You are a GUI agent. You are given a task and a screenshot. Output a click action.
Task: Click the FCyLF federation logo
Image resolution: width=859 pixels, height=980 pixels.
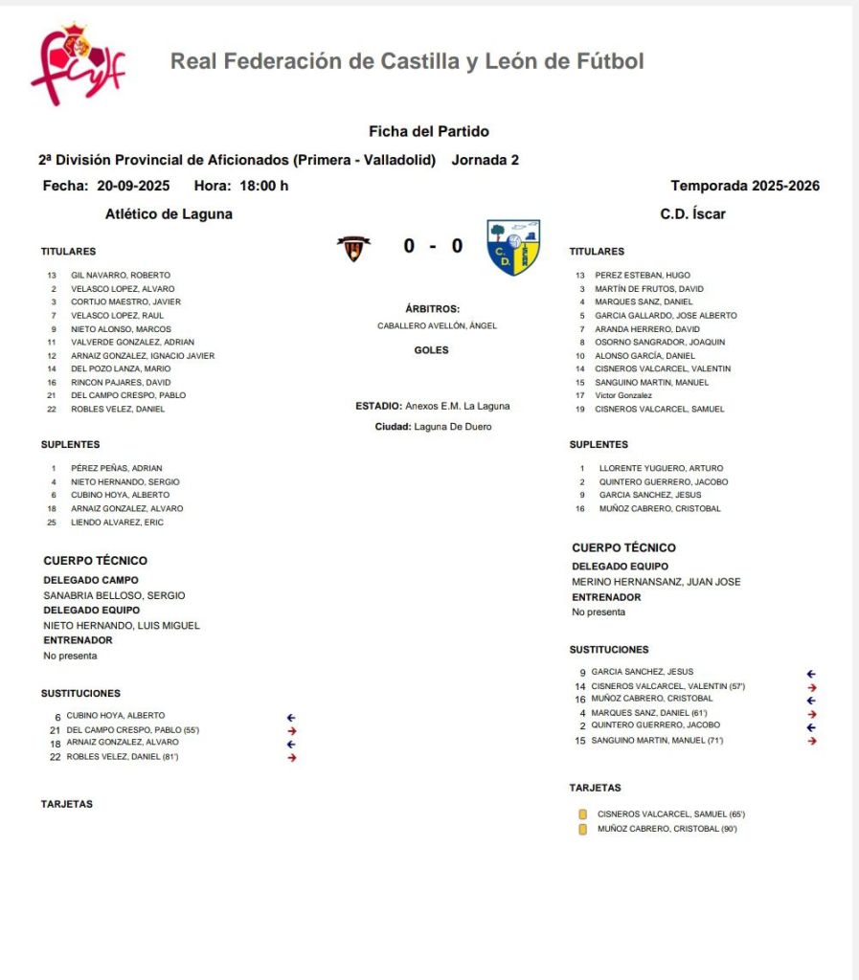click(x=77, y=64)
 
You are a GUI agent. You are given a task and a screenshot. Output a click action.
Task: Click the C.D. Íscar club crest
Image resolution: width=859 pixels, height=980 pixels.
click(x=513, y=247)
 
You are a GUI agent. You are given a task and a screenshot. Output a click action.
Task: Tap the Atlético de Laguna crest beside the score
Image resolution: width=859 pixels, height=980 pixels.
click(x=353, y=248)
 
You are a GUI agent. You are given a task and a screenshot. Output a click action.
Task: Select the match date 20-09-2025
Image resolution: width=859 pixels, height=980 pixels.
click(x=133, y=186)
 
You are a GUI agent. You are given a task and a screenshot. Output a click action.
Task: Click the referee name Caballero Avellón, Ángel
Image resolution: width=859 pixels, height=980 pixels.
click(x=437, y=325)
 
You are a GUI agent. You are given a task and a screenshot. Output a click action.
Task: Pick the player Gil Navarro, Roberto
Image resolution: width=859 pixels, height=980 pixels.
click(x=121, y=276)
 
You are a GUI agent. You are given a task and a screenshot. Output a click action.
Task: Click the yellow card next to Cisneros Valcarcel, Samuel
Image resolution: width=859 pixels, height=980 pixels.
click(x=582, y=814)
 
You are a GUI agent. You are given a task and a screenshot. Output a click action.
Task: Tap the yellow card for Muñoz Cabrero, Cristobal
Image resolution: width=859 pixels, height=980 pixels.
click(x=582, y=830)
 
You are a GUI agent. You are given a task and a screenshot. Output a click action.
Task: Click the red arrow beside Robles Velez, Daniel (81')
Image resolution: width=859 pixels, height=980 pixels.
click(x=292, y=758)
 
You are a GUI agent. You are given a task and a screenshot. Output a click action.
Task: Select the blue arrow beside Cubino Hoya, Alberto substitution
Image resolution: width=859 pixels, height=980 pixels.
click(x=292, y=717)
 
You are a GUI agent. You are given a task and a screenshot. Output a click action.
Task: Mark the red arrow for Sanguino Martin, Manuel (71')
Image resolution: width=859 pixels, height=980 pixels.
click(x=812, y=741)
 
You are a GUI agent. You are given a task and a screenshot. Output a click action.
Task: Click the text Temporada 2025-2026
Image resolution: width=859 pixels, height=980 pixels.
click(x=745, y=186)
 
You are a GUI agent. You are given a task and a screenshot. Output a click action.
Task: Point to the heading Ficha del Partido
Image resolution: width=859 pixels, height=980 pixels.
click(x=429, y=131)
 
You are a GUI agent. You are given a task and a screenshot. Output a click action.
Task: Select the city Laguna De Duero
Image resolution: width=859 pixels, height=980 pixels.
click(x=453, y=427)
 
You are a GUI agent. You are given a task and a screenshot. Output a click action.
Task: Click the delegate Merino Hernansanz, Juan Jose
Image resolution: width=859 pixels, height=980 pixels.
click(x=656, y=582)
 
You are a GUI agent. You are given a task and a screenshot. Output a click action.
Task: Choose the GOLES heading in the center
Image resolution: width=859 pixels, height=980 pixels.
click(x=431, y=350)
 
